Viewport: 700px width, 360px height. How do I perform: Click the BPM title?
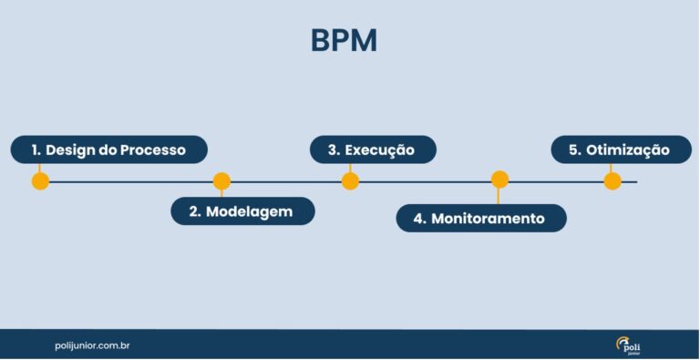click(344, 41)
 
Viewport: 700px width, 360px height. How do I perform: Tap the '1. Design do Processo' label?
click(108, 149)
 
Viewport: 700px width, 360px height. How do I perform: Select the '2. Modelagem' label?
click(242, 211)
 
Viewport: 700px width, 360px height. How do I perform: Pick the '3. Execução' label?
click(372, 149)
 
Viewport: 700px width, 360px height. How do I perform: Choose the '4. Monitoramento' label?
click(480, 219)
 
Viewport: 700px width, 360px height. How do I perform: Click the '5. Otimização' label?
click(621, 149)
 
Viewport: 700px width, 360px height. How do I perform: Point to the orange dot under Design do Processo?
click(40, 180)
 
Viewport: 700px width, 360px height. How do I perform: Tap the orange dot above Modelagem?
click(221, 180)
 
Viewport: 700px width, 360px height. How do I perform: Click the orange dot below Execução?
click(350, 180)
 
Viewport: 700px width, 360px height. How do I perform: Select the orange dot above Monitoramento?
click(499, 180)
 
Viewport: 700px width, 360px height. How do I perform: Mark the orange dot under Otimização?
click(612, 180)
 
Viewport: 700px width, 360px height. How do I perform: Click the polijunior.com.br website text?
click(92, 346)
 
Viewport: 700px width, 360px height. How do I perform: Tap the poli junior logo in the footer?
click(628, 345)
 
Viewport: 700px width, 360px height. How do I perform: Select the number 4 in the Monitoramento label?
click(418, 219)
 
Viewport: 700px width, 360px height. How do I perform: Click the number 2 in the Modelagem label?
click(194, 211)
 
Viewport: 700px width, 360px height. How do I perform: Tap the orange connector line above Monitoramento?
click(499, 196)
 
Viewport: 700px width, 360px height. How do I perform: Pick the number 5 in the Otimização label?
click(574, 149)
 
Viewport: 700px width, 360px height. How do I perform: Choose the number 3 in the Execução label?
click(334, 149)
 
